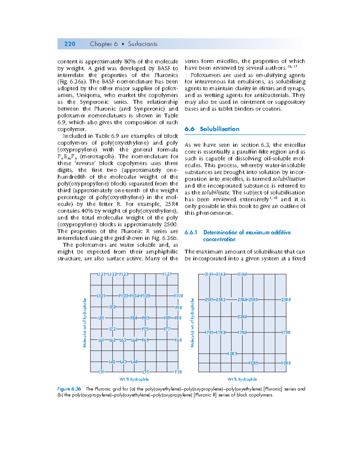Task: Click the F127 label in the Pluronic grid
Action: point(167,274)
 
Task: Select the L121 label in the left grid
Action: point(101,274)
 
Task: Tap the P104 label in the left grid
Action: point(134,296)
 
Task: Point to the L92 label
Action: point(112,307)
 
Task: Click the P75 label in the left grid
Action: point(145,329)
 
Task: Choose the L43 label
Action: point(123,362)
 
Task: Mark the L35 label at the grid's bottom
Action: point(145,372)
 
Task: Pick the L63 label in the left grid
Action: point(123,340)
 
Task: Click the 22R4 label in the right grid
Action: point(242,317)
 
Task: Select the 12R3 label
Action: point(232,354)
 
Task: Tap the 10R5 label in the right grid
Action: point(253,363)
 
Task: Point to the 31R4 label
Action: point(242,274)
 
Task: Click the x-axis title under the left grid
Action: point(134,379)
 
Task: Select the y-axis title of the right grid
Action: point(192,323)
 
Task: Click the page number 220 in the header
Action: point(70,44)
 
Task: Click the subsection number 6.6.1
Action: point(191,232)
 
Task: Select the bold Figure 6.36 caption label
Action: point(69,389)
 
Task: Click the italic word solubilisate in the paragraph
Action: point(215,192)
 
